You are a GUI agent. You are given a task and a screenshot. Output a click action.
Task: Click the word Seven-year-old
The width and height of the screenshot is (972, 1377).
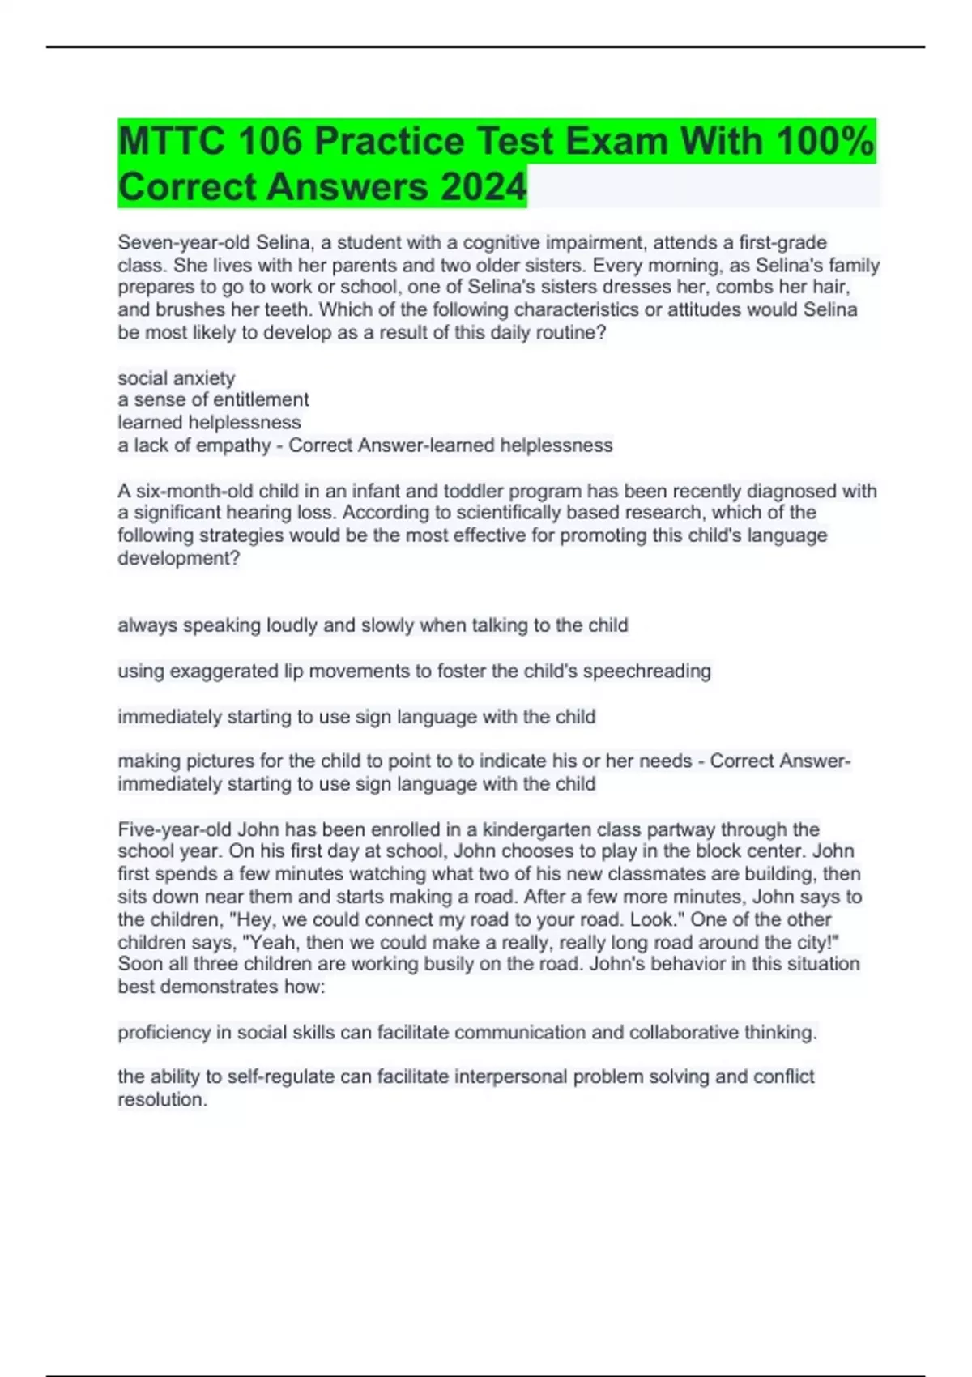coord(184,242)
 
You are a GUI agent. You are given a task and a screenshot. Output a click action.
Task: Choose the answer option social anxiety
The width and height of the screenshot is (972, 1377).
coord(177,378)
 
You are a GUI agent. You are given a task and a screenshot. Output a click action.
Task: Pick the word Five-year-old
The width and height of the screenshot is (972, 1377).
coord(175,829)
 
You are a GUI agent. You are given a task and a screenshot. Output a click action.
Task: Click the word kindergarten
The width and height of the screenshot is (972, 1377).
coord(535,829)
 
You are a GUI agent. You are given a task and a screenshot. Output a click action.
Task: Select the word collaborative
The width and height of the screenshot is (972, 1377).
coord(691,1033)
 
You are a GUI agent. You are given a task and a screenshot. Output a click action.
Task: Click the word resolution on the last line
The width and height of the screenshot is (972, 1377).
coord(162,1100)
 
